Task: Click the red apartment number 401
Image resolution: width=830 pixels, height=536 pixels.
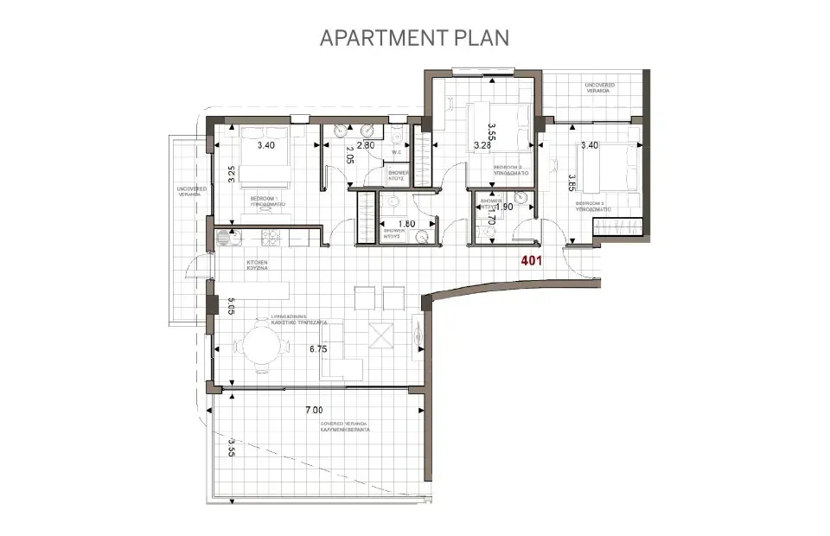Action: pos(532,260)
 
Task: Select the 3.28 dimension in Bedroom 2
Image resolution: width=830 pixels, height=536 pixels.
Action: pos(482,145)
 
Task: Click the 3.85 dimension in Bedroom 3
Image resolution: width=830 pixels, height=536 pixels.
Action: pos(571,182)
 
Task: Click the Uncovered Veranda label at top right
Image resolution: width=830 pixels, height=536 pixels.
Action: pos(599,87)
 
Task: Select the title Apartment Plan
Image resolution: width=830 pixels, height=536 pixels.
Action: pos(414,38)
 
